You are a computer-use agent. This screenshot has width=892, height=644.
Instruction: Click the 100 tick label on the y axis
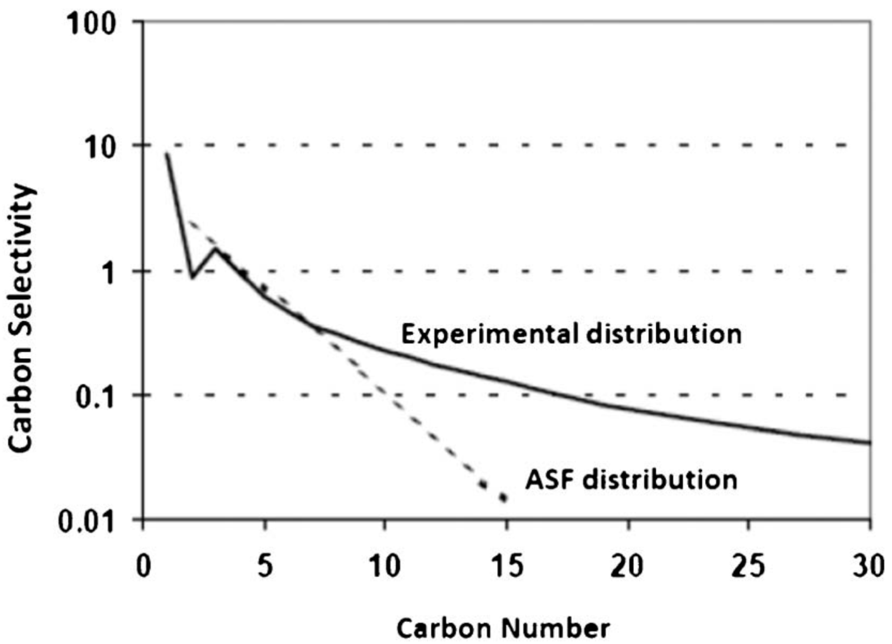pyautogui.click(x=92, y=23)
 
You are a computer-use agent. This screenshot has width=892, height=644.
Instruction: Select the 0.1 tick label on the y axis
pyautogui.click(x=95, y=396)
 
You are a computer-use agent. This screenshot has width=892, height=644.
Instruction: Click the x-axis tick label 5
pyautogui.click(x=265, y=565)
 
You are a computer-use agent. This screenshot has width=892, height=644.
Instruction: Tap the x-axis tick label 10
pyautogui.click(x=385, y=565)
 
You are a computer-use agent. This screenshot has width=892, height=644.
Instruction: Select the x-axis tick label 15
pyautogui.click(x=507, y=565)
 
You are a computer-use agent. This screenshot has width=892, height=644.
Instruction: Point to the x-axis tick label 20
pyautogui.click(x=628, y=565)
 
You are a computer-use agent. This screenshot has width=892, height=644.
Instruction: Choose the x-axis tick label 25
pyautogui.click(x=749, y=565)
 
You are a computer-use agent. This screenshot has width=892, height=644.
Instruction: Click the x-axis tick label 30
pyautogui.click(x=869, y=565)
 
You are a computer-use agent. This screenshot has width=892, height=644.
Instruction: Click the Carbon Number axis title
pyautogui.click(x=503, y=628)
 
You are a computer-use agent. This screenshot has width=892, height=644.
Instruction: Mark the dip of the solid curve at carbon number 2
pyautogui.click(x=192, y=277)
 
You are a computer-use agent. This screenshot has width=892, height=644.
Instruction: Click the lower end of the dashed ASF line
pyautogui.click(x=504, y=498)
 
